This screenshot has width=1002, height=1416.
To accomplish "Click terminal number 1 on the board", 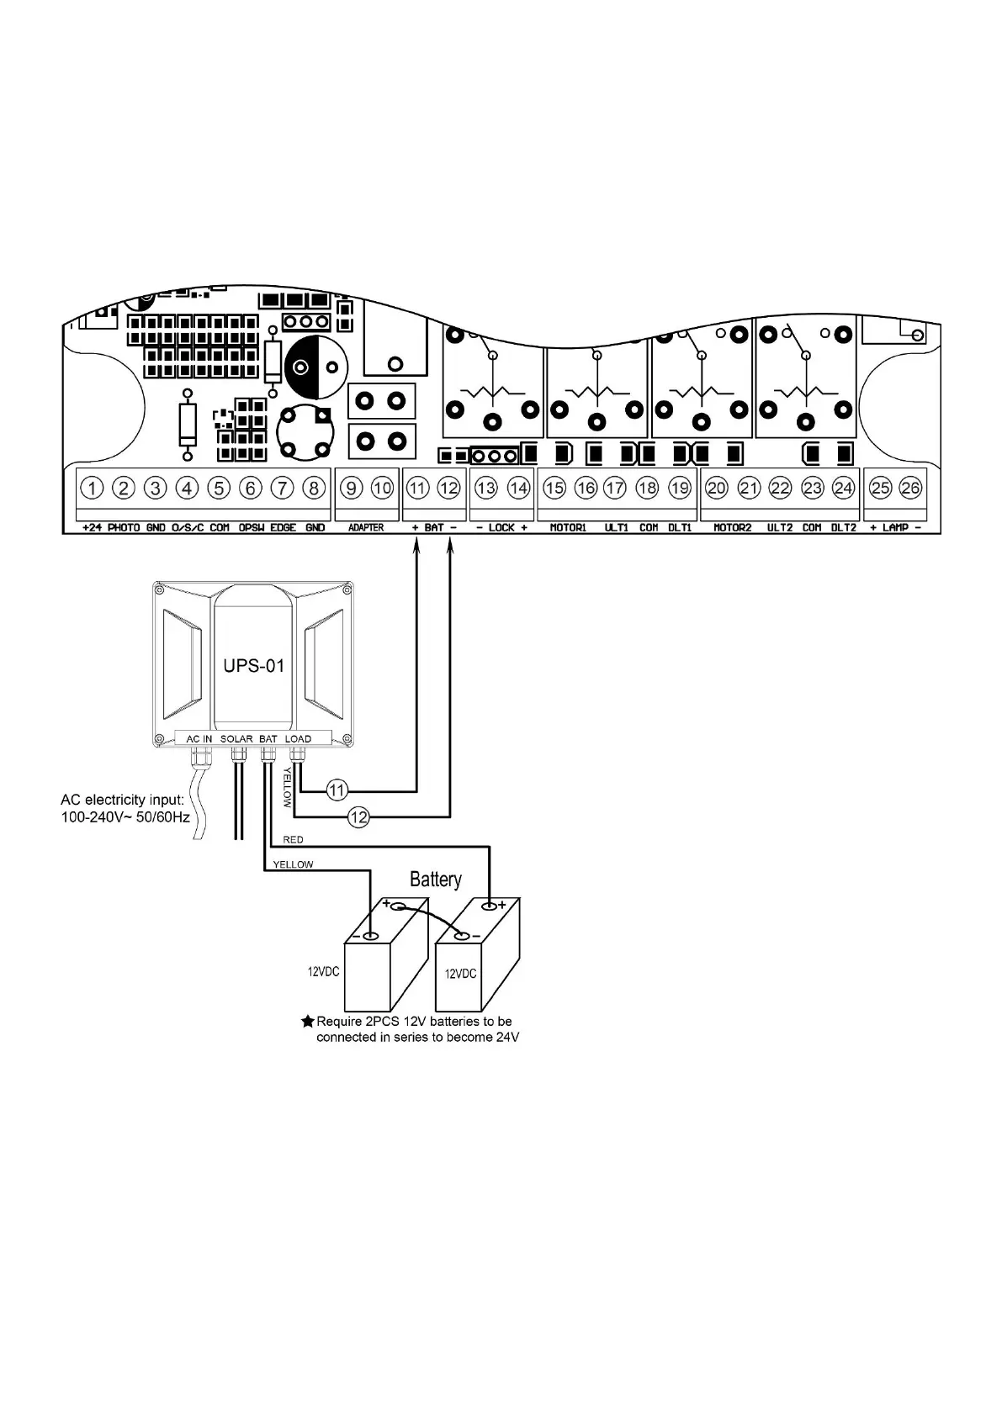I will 92,488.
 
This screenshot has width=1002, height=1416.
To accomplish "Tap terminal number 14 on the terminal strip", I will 518,488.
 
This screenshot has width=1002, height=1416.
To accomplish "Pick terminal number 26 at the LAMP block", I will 910,488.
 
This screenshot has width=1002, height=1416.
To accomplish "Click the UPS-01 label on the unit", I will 253,666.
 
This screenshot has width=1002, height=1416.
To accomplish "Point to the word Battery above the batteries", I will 435,880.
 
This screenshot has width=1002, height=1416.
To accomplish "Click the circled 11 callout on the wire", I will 337,790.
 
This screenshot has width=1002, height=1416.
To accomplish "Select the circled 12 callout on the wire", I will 358,816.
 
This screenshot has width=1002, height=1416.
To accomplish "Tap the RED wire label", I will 293,840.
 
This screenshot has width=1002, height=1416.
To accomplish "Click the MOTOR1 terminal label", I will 568,528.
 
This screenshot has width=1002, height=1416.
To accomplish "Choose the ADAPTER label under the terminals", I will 366,528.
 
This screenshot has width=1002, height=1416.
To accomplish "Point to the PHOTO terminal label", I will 124,528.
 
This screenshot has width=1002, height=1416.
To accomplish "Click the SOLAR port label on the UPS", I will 236,739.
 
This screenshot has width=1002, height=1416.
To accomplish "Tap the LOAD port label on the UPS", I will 298,739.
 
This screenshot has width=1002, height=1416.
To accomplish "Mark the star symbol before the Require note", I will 308,1022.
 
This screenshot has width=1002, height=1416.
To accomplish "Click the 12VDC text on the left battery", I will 323,972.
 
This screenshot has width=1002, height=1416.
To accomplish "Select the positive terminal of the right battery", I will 489,906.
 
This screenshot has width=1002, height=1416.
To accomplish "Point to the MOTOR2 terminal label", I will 732,528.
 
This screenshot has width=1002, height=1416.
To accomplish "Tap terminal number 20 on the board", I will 716,488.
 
